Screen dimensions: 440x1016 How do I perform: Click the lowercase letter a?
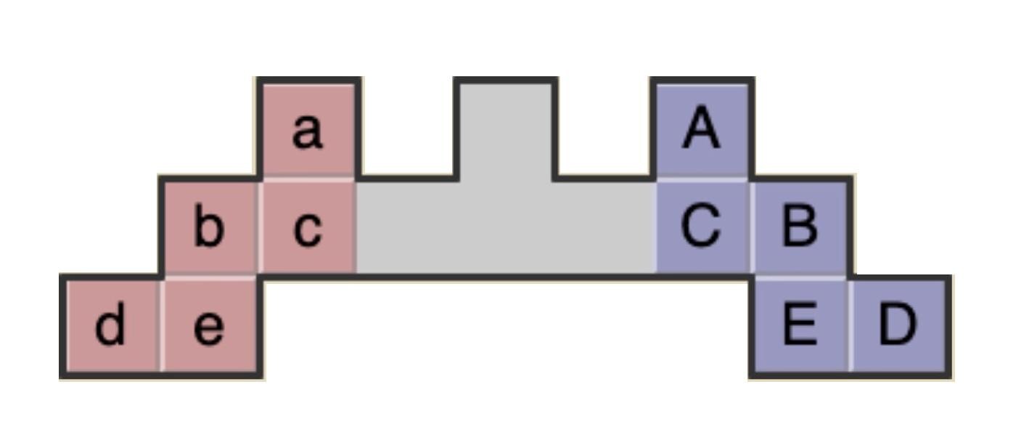307,131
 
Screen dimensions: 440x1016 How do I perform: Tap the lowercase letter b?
209,228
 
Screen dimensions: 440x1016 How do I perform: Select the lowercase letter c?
307,229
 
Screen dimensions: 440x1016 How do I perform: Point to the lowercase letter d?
110,326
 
